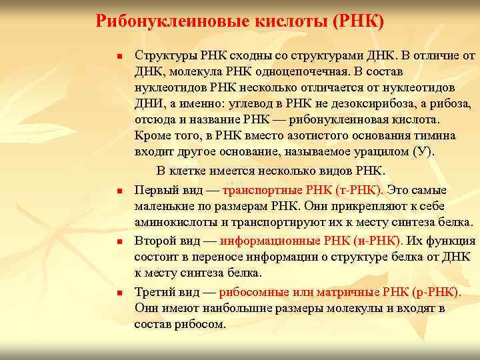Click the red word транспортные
point(263,190)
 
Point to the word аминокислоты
point(173,222)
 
